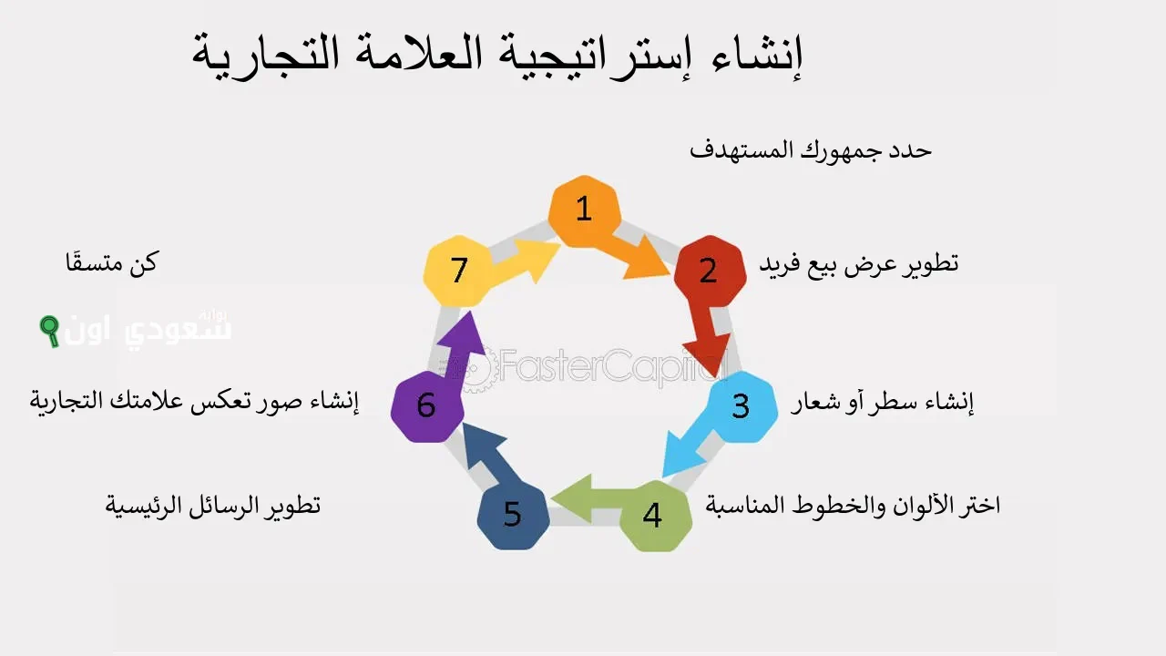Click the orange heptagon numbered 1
[584, 210]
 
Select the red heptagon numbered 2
[709, 271]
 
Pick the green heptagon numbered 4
[652, 516]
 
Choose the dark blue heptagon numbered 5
[512, 516]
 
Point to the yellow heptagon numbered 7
[459, 271]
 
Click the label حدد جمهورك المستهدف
[810, 150]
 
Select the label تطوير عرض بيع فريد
[858, 264]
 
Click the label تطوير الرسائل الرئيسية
[213, 506]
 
